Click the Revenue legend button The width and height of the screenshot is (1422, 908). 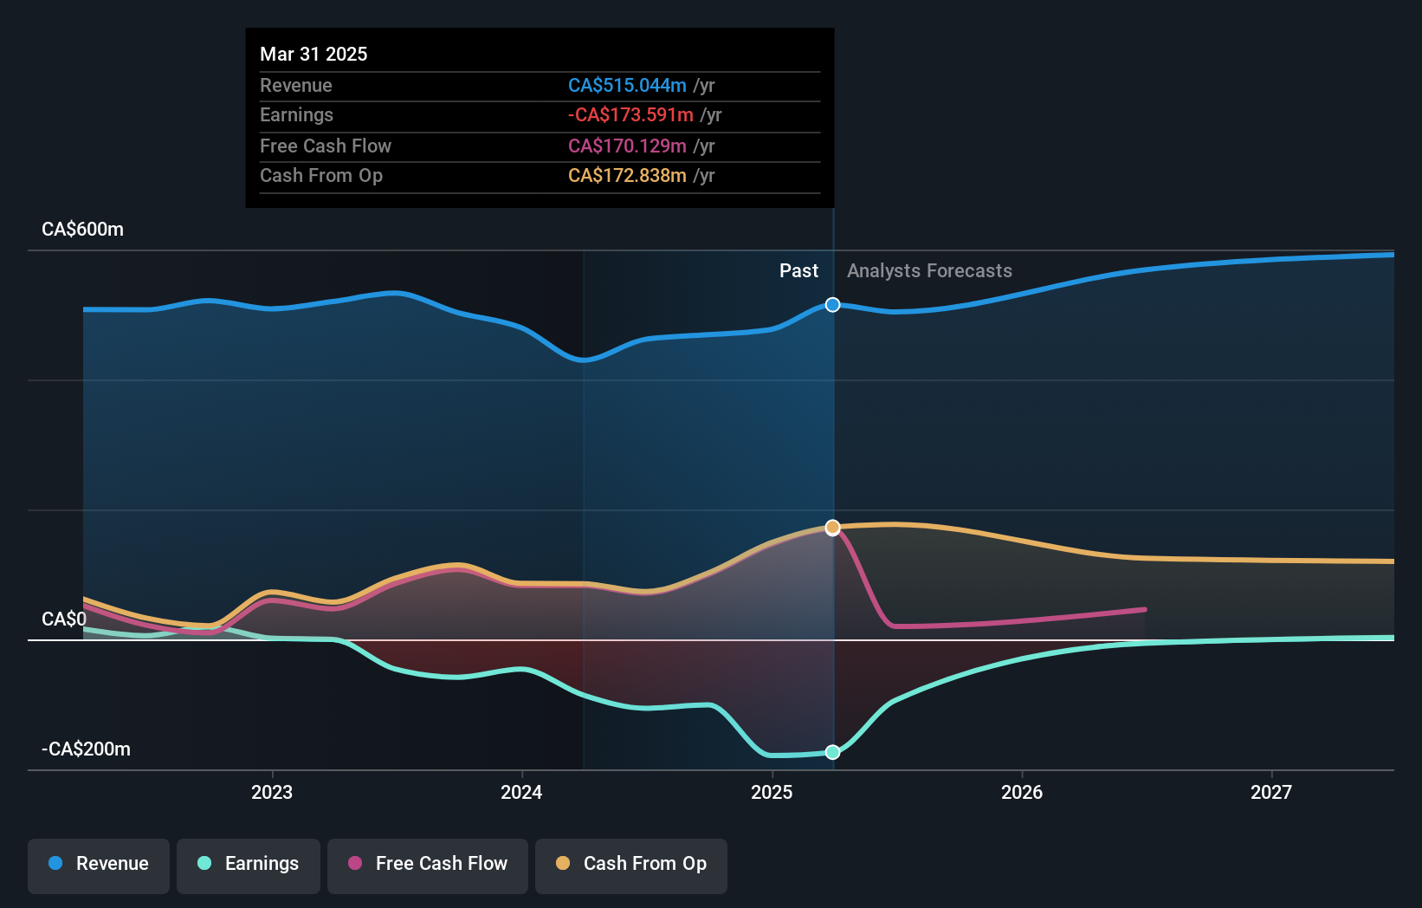(99, 865)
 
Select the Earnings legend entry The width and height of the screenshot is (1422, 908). (249, 865)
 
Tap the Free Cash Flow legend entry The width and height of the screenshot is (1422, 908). (428, 865)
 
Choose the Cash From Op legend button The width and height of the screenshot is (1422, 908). (631, 865)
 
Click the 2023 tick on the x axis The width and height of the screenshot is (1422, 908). (272, 792)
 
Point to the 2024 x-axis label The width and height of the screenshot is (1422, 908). (521, 792)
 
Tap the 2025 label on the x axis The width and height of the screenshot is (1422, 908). (772, 792)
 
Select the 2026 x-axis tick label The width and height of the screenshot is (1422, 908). (1022, 792)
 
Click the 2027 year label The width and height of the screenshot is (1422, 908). (1271, 792)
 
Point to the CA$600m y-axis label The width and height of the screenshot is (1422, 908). (83, 230)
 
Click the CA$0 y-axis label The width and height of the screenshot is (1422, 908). (64, 619)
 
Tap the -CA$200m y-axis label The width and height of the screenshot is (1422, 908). (87, 749)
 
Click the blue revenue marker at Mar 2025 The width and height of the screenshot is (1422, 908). (832, 305)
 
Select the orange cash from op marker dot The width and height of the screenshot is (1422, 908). (832, 528)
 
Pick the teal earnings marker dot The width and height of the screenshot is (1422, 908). (832, 752)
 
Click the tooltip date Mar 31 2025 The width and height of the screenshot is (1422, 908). (313, 54)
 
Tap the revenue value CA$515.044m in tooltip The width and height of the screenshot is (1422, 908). (627, 86)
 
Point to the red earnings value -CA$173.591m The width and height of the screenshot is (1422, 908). (630, 115)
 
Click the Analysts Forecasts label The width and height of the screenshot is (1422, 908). (929, 271)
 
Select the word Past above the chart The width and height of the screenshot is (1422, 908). (798, 271)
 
